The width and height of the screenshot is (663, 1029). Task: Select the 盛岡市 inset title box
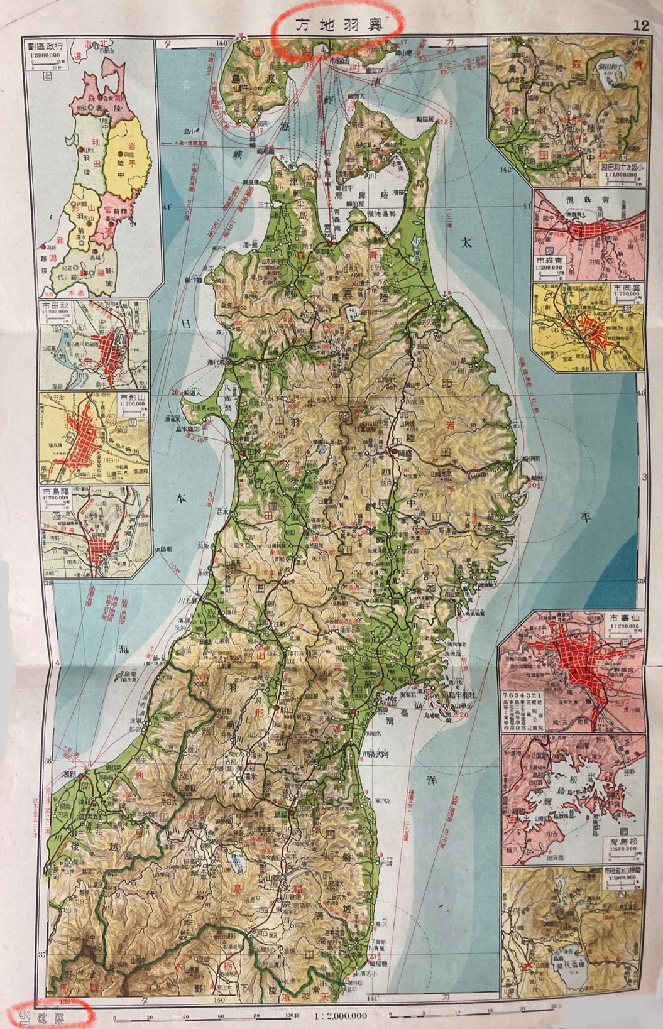coord(624,292)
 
